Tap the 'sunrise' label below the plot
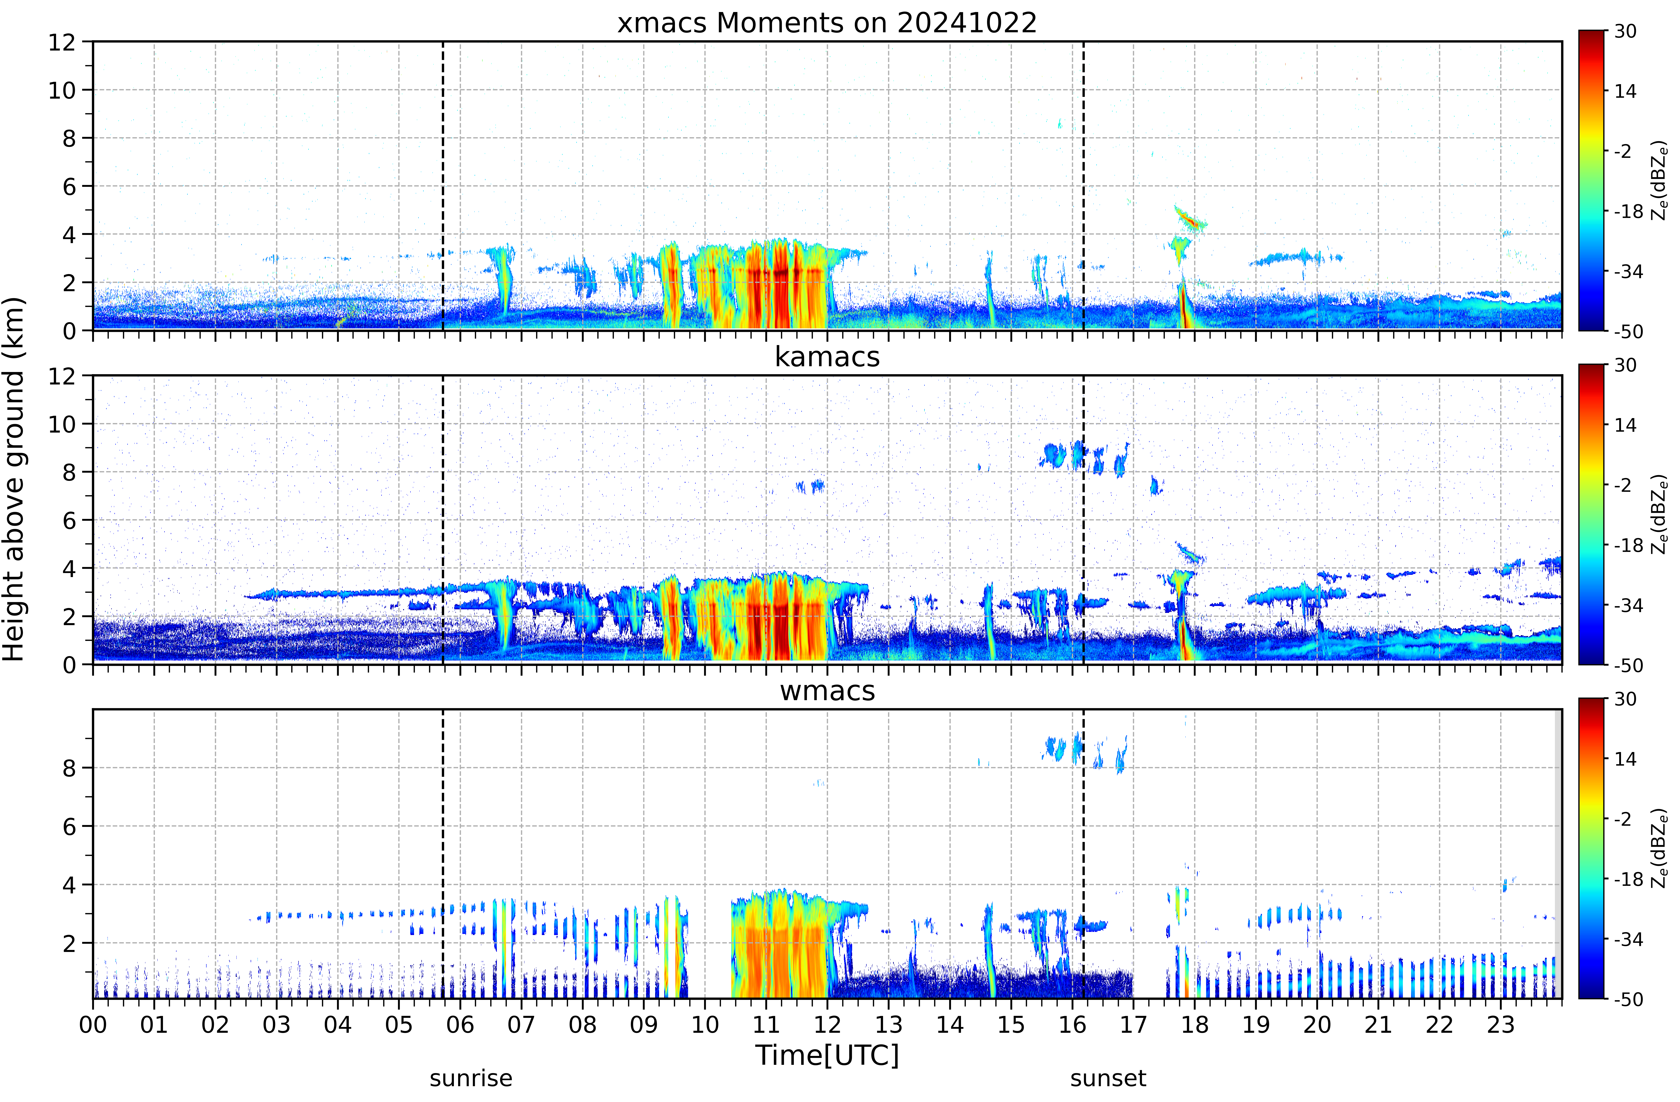471,1079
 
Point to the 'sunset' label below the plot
1108,1079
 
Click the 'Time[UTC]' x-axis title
827,1055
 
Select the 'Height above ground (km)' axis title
14,479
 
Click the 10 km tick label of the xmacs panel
61,90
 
